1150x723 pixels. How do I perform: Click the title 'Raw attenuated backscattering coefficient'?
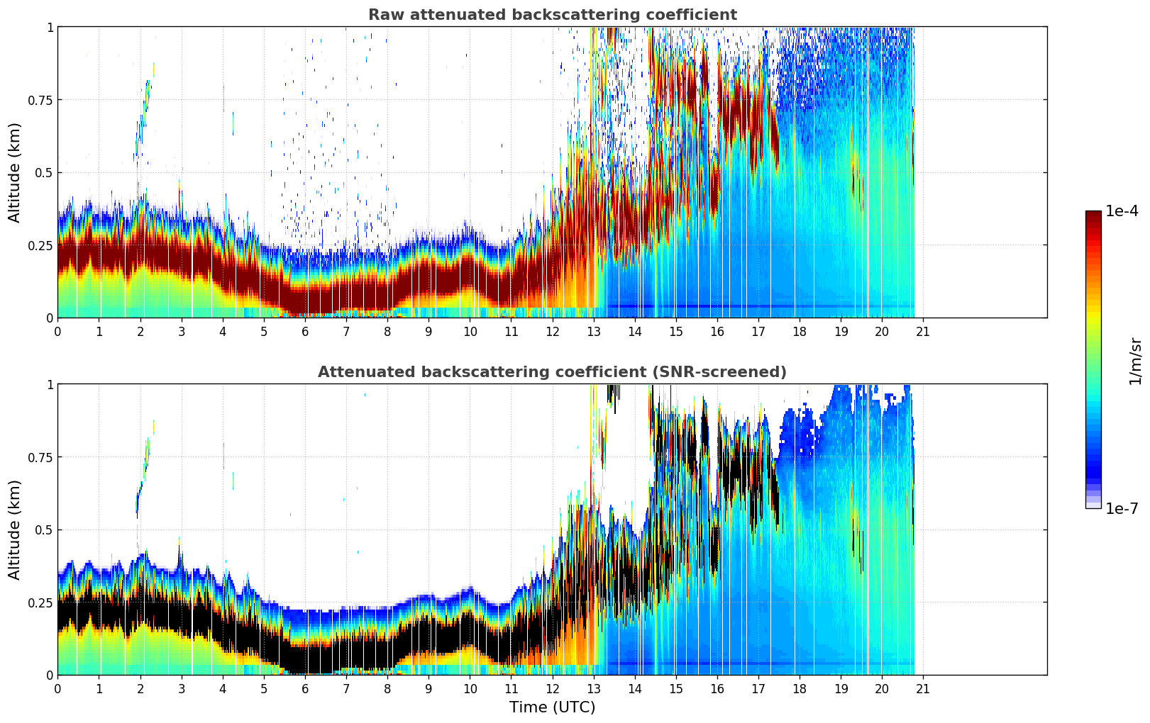[552, 15]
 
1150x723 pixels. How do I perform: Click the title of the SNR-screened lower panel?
[552, 372]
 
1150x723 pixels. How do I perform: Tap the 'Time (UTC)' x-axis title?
[552, 707]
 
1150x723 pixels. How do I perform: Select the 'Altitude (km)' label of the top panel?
[15, 172]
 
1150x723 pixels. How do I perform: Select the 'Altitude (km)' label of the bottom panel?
[15, 529]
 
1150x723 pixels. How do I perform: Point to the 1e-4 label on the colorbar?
[1122, 211]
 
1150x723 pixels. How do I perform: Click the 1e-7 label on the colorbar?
[1122, 509]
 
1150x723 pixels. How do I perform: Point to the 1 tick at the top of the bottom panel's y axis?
[50, 384]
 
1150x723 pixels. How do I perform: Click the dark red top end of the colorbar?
[1093, 215]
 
